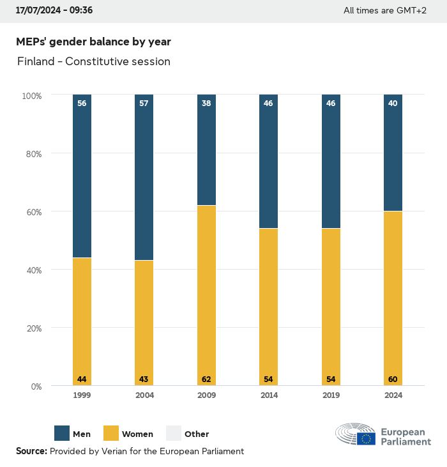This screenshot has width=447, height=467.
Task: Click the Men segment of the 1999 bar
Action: [82, 176]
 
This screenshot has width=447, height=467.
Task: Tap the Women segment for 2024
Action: [393, 298]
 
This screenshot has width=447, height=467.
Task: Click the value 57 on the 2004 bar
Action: [144, 103]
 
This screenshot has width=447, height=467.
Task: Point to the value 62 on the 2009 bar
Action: [206, 379]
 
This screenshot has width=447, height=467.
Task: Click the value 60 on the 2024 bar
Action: [393, 379]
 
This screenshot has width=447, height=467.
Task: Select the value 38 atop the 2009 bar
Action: [206, 103]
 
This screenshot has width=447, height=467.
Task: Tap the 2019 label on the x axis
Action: [331, 395]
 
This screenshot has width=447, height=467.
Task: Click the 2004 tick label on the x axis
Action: [144, 395]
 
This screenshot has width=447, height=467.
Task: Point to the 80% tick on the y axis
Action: [33, 154]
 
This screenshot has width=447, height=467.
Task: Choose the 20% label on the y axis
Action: [33, 328]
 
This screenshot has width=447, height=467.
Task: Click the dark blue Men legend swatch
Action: [62, 433]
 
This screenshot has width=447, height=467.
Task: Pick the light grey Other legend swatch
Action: [174, 433]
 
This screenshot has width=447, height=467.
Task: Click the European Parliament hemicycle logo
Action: [356, 434]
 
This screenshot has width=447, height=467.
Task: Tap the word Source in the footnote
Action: [31, 451]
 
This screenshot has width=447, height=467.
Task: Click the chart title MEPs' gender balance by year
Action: [93, 42]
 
